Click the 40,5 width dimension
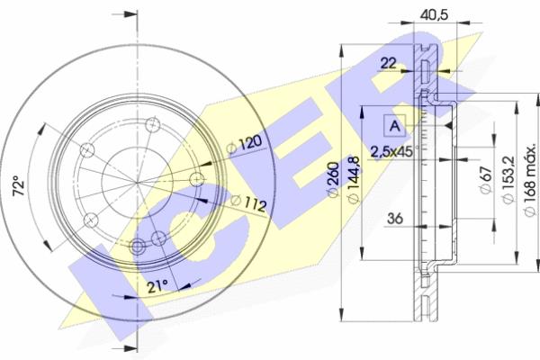[x=435, y=14]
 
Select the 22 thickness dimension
[x=388, y=63]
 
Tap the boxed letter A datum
[x=395, y=125]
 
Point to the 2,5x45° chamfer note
[x=395, y=151]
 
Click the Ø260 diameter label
[x=334, y=179]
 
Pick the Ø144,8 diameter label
[x=354, y=180]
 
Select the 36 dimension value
[x=395, y=219]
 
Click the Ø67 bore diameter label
[x=486, y=180]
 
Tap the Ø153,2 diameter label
[x=508, y=179]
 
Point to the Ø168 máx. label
[x=530, y=180]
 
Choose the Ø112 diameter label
[x=248, y=203]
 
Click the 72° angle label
[x=19, y=186]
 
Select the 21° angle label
[x=157, y=286]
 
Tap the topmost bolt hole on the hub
[x=153, y=124]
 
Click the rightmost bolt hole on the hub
[x=197, y=179]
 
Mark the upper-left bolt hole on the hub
[x=87, y=150]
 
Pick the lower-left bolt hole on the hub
[x=91, y=220]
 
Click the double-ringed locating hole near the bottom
[x=138, y=247]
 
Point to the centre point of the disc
[x=138, y=182]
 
